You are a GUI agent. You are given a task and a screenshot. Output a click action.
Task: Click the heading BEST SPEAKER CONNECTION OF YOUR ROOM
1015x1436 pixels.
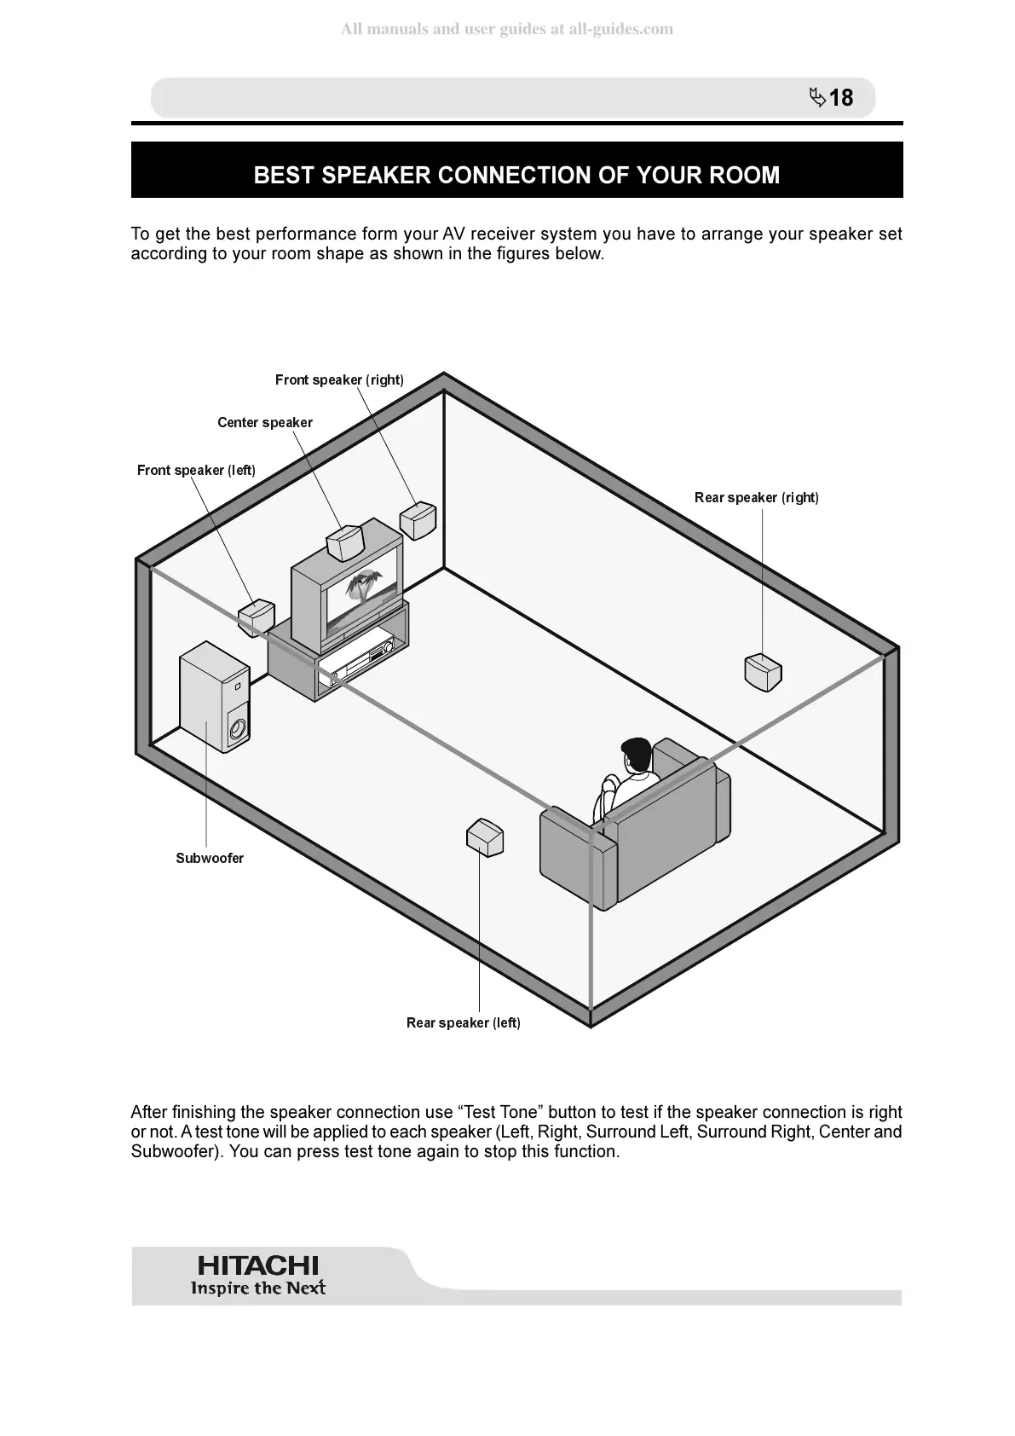[x=516, y=175]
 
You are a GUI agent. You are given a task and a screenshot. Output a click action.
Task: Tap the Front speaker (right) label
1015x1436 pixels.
[x=339, y=380]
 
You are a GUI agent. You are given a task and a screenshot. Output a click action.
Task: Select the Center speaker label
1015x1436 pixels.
[x=264, y=423]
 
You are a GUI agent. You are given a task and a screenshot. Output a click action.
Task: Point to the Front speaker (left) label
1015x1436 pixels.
[x=196, y=471]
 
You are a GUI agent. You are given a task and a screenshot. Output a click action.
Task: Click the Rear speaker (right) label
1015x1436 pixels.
[x=756, y=498]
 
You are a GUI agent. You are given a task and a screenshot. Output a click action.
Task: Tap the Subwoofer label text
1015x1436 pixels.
[x=210, y=859]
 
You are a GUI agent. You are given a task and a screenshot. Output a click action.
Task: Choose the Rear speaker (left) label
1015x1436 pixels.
[x=463, y=1023]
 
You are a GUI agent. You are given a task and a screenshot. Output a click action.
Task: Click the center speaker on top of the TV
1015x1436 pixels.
[x=346, y=543]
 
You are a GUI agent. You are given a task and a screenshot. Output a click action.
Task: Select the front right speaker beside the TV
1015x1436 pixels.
[x=418, y=520]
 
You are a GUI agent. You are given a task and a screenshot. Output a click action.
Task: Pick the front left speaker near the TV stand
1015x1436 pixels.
[x=257, y=617]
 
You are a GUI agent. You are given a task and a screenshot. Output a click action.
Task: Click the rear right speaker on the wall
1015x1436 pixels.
[x=763, y=672]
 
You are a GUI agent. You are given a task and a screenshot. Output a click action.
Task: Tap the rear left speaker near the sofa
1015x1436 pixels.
[x=485, y=837]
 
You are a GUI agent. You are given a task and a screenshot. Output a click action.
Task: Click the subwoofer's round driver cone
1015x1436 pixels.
[x=238, y=729]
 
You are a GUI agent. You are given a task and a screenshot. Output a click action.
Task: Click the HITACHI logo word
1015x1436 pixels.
[x=257, y=1265]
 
